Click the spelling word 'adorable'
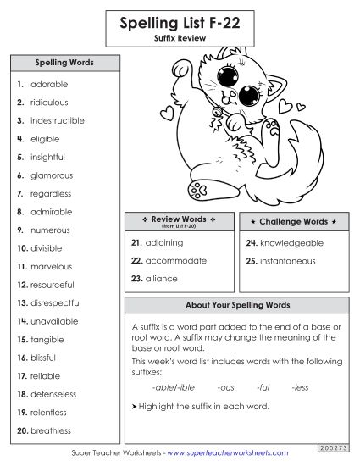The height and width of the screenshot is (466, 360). click(49, 85)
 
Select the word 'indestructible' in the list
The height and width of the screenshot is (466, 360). click(58, 121)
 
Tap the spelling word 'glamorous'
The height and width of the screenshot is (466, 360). click(52, 175)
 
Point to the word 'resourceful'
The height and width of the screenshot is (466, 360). click(53, 285)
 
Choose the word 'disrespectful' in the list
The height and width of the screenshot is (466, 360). click(55, 303)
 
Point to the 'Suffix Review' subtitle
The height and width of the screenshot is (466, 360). click(180, 39)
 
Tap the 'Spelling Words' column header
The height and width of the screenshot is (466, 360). click(64, 63)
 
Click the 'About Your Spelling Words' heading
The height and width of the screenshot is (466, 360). click(237, 305)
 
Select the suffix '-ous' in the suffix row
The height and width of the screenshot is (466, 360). click(225, 387)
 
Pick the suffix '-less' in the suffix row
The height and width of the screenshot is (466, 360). click(300, 387)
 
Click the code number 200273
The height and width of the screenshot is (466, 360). click(335, 447)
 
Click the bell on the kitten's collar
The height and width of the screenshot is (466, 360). click(219, 111)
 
